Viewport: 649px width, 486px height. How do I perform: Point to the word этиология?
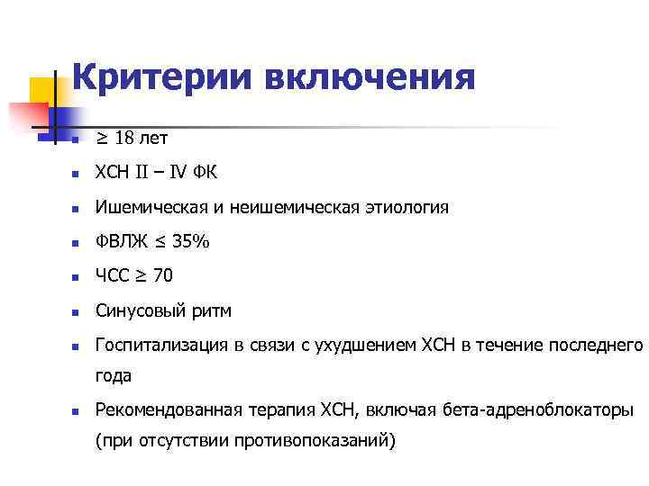406,208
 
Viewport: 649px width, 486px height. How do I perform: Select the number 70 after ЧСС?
164,276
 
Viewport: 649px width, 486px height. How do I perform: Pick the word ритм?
214,310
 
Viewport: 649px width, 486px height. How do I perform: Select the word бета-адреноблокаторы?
538,410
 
